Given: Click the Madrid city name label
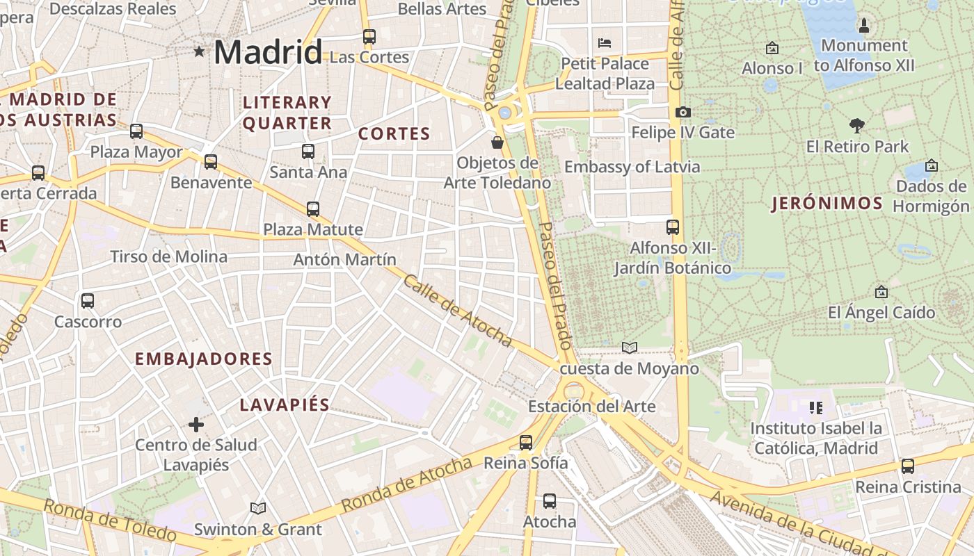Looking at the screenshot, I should (268, 52).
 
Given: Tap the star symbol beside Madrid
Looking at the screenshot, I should (200, 51).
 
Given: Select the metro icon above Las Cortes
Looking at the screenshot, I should (369, 37).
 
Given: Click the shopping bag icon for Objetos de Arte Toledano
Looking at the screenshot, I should (497, 142).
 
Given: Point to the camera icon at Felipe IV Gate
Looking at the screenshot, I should (683, 112).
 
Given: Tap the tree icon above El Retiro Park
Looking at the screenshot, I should (857, 126).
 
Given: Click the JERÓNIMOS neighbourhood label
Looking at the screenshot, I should (827, 204).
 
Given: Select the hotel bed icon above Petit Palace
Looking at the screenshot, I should (605, 43).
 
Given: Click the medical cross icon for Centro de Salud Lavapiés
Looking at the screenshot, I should (196, 424).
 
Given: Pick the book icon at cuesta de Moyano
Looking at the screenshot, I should (629, 347).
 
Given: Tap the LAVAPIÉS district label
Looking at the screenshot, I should (285, 405).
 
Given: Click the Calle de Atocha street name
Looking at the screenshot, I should (457, 310).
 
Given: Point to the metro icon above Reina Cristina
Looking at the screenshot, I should (908, 466).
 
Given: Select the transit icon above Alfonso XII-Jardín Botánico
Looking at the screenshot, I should (672, 227).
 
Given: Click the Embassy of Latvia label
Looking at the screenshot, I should (632, 167).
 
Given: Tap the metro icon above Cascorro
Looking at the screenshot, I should (88, 301).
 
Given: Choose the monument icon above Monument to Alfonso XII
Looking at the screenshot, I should (864, 26).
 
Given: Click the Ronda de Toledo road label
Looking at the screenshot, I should (110, 520).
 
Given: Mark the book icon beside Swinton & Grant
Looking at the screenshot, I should (258, 508).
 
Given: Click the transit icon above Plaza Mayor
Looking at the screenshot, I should (136, 131).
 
